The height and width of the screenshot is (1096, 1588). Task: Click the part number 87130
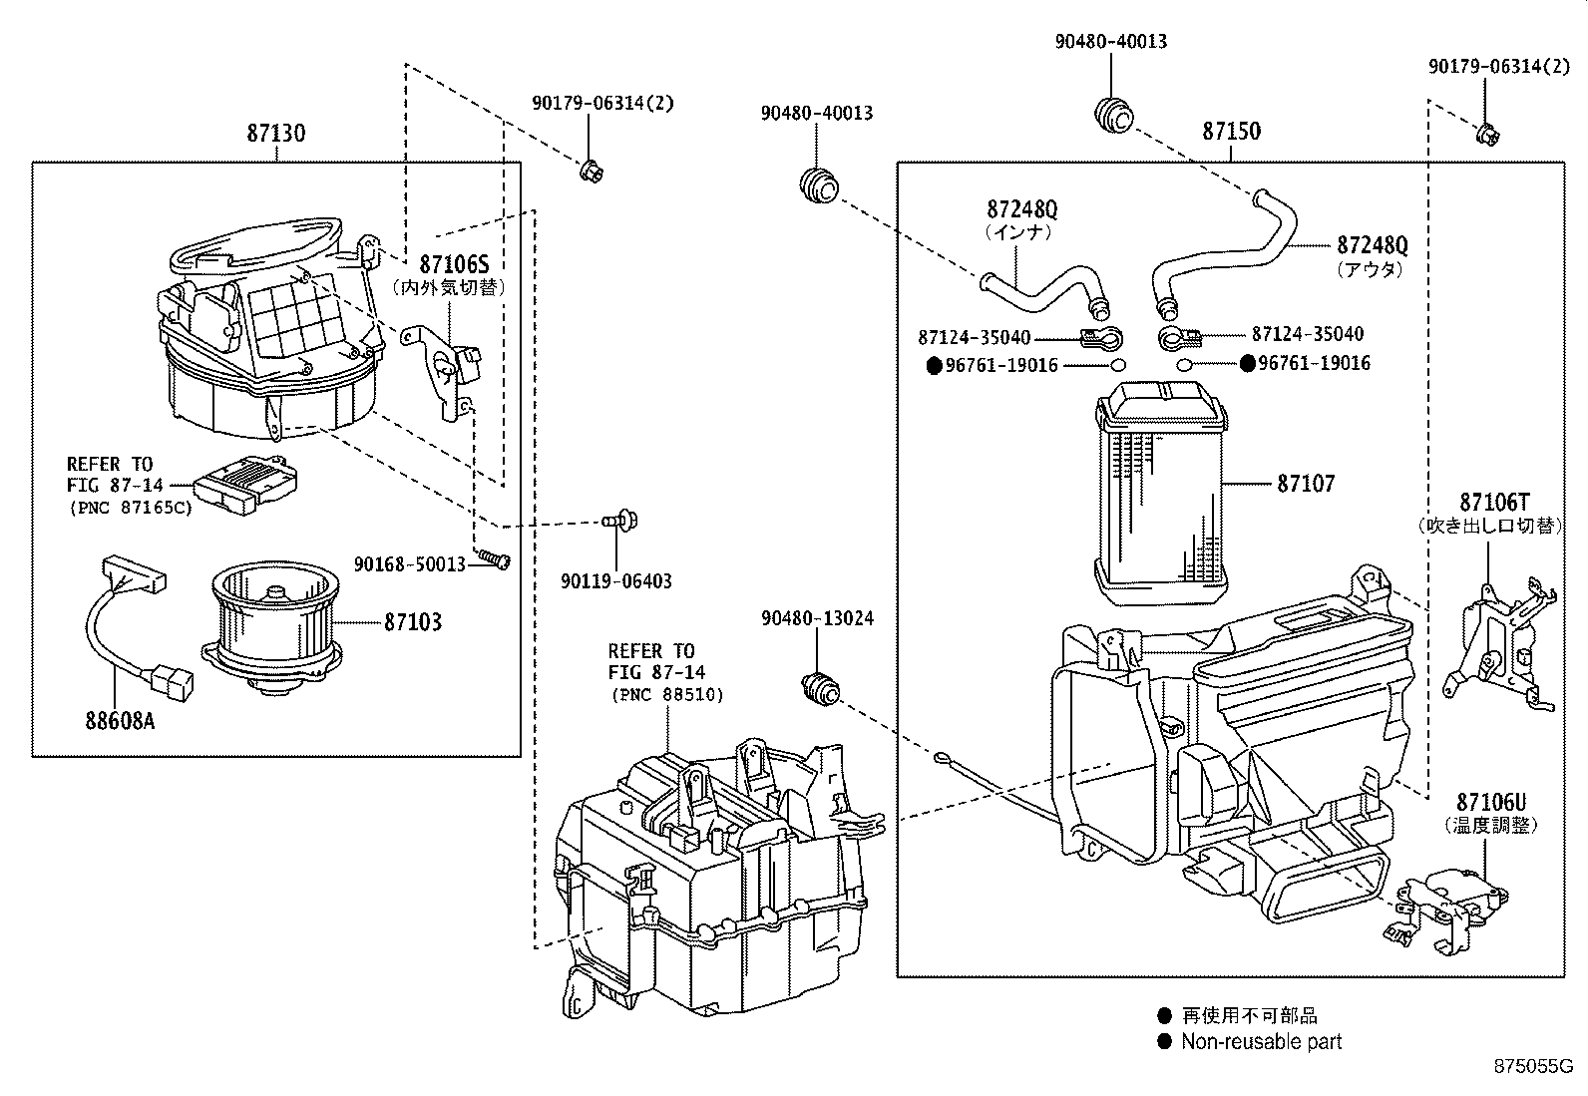click(276, 134)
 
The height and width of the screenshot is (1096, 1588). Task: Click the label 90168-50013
click(409, 564)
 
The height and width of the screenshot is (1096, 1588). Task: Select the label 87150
click(1231, 132)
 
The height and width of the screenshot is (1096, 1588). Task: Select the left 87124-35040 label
click(974, 338)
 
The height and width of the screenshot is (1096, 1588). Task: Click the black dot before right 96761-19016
click(1247, 364)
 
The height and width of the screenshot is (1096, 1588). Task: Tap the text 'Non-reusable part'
click(1261, 1042)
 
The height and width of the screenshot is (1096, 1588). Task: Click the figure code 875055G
click(1532, 1066)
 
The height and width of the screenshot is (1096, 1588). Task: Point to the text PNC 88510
click(667, 695)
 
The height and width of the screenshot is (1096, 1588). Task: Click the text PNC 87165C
click(130, 507)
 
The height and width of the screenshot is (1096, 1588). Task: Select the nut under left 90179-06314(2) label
click(591, 172)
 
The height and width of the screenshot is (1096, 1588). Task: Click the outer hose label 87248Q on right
click(1372, 245)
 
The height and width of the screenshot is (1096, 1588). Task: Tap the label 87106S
click(454, 264)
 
